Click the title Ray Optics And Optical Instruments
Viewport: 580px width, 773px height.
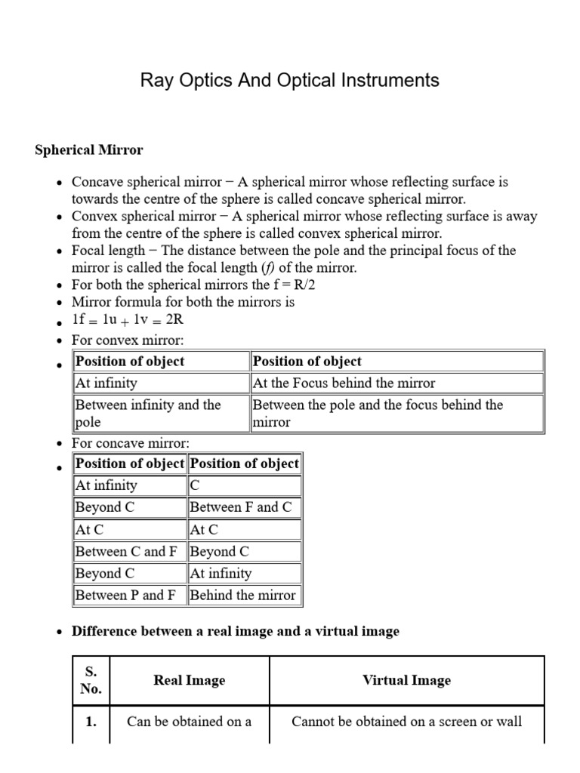tap(290, 81)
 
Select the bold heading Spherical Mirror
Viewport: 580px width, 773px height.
tap(88, 149)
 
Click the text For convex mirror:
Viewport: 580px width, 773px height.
tap(128, 340)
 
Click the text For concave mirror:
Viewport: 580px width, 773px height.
tap(131, 443)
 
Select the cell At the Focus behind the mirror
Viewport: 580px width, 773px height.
tap(344, 383)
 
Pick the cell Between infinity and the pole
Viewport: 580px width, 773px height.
tap(147, 413)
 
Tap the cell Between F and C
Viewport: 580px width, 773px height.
tap(240, 507)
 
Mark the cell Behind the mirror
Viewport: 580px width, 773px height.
tap(242, 595)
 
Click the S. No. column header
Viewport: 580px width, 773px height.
tap(91, 680)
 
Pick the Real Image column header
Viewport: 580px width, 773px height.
tap(189, 680)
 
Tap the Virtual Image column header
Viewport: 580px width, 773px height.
tap(406, 680)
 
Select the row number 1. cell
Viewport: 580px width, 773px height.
tap(91, 722)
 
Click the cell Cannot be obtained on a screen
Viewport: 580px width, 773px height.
tap(406, 722)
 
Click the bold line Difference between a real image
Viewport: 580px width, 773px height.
tap(235, 631)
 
